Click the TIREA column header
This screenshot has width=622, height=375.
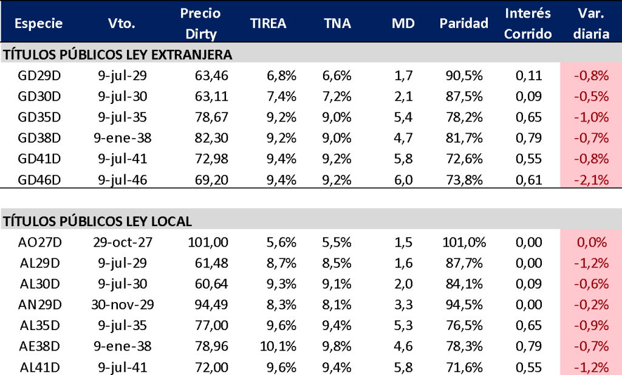coord(268,24)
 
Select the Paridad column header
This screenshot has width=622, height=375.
coord(464,24)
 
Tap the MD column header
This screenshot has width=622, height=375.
coord(403,24)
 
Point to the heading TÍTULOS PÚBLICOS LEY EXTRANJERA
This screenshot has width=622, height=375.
coord(118,55)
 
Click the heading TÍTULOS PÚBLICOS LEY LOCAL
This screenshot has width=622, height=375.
coord(98,221)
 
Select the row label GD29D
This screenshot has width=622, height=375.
coord(41,76)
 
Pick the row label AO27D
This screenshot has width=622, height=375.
coord(41,243)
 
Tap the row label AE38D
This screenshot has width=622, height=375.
coord(41,346)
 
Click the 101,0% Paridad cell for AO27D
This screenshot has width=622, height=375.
coord(464,243)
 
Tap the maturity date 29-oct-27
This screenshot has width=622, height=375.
coord(121,243)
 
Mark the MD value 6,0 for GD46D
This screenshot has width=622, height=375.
coord(403,179)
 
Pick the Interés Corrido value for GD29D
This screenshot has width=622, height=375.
coord(528,76)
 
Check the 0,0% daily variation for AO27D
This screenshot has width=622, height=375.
coord(590,243)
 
